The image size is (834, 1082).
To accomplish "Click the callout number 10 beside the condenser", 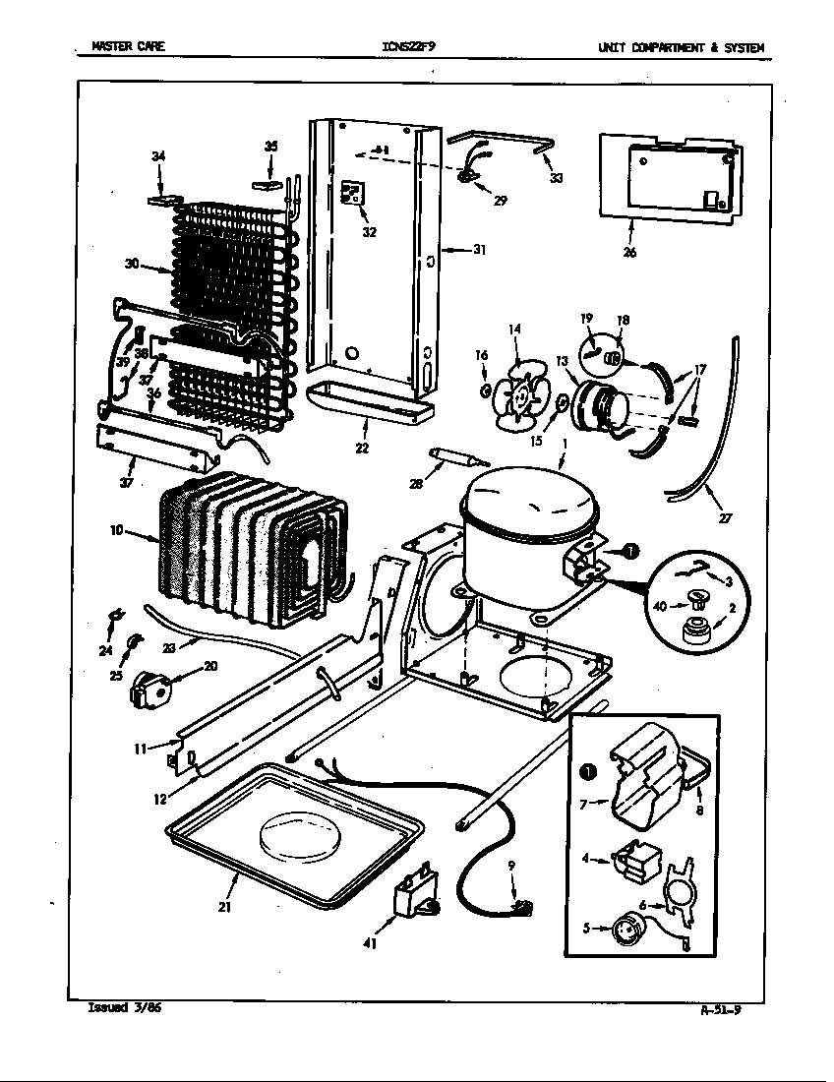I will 116,530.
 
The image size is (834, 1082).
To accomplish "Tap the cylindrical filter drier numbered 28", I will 452,457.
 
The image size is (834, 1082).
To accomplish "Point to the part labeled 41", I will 413,897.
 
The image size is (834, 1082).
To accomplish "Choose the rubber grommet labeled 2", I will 696,632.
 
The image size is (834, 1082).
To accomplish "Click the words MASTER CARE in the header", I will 128,46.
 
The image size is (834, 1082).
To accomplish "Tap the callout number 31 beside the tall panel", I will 479,250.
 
